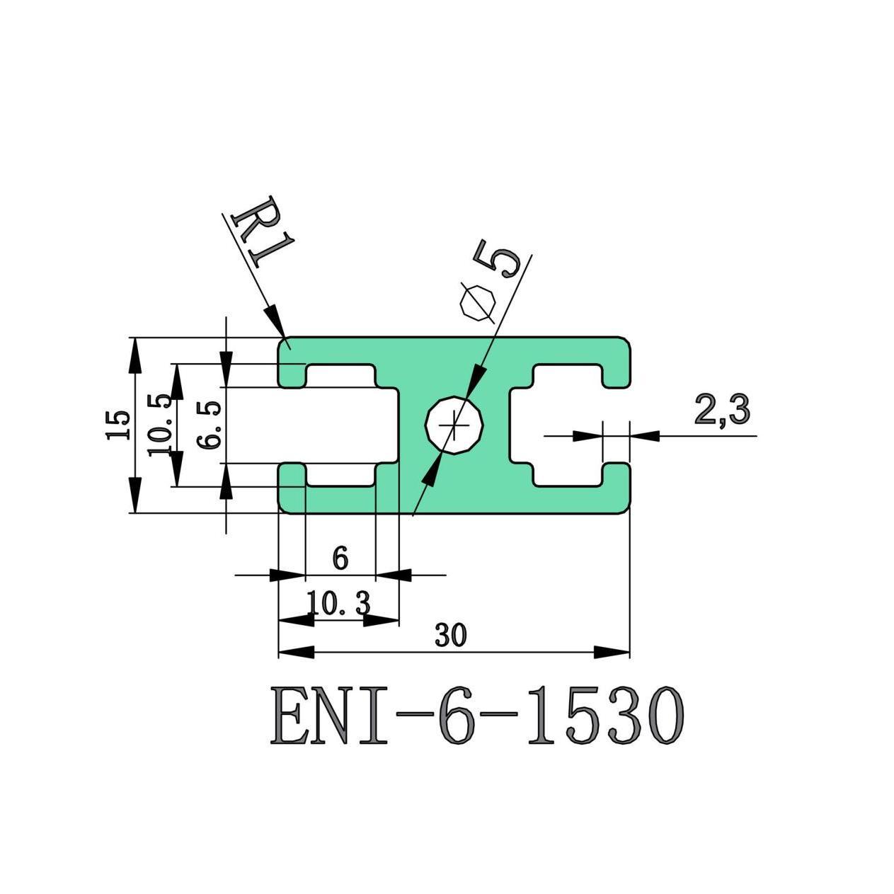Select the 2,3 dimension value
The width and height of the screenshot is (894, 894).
pyautogui.click(x=721, y=411)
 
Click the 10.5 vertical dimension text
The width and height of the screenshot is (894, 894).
pyautogui.click(x=159, y=425)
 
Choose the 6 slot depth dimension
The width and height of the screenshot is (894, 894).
pyautogui.click(x=340, y=559)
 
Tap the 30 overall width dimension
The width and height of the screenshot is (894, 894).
pyautogui.click(x=451, y=636)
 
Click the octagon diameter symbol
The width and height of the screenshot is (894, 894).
pyautogui.click(x=476, y=303)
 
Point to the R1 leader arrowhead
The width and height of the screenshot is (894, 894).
pyautogui.click(x=275, y=321)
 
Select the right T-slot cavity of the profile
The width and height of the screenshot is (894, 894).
pyautogui.click(x=566, y=425)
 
